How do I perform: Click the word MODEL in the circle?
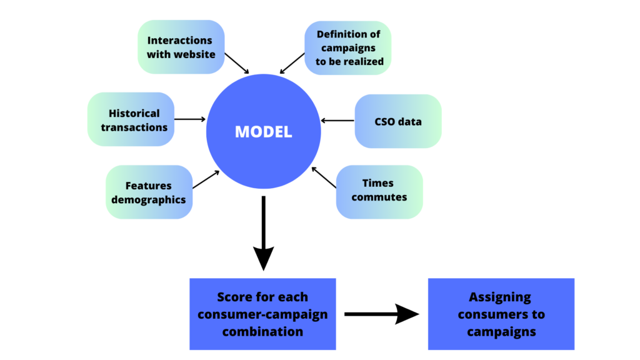point(263,132)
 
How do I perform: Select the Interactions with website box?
point(181,47)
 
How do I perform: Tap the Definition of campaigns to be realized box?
point(347,47)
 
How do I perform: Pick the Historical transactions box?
point(131,119)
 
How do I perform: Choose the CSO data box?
point(397,121)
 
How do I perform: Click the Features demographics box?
point(149,192)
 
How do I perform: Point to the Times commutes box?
point(379,191)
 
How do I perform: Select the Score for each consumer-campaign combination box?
point(262,314)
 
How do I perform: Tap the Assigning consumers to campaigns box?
point(501,314)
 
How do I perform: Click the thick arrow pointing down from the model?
point(263,231)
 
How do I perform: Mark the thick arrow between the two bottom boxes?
point(381,314)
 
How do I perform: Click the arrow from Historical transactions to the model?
point(190,119)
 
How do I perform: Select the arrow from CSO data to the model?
point(337,121)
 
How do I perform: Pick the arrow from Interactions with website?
point(237,63)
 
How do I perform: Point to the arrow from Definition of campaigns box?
point(291,63)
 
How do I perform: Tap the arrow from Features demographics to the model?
point(206,179)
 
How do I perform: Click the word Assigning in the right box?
point(500,297)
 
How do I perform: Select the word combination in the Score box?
point(262,331)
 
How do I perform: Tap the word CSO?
point(386,121)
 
